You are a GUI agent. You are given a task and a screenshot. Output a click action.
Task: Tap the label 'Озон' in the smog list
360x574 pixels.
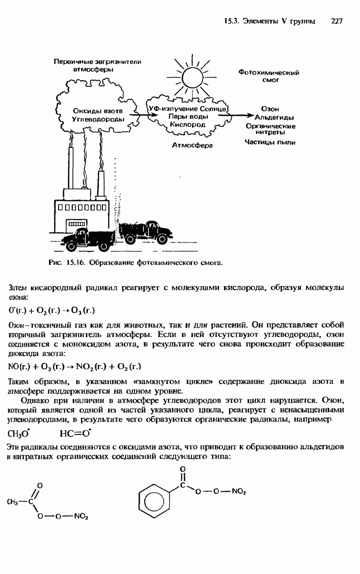(x=270, y=109)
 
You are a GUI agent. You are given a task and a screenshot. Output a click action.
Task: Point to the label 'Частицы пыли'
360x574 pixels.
(x=270, y=142)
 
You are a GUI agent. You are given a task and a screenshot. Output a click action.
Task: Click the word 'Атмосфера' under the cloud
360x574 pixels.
(x=192, y=145)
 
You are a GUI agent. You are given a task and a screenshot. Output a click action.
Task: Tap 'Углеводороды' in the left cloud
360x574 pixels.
(x=98, y=119)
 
